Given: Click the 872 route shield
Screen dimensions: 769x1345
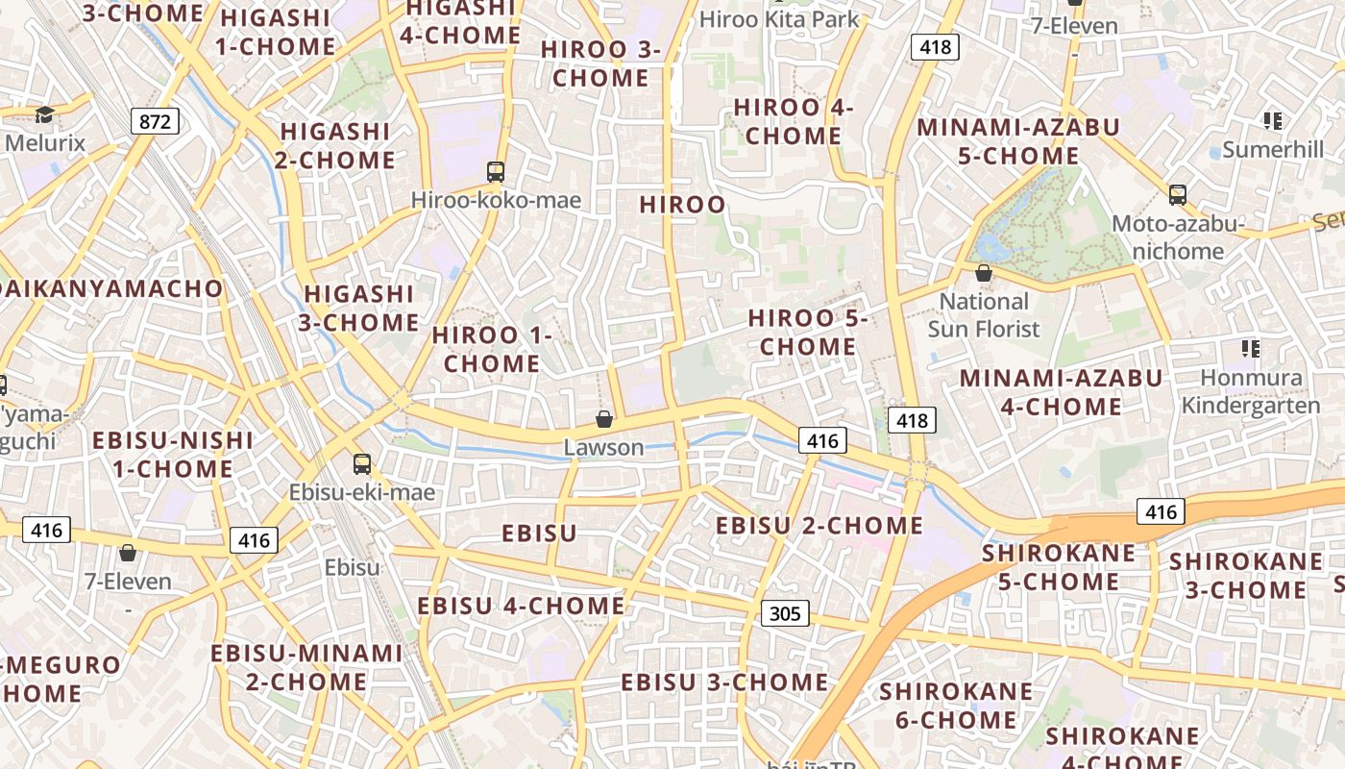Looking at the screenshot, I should (x=155, y=121).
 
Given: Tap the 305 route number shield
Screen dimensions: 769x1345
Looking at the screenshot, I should (x=785, y=613).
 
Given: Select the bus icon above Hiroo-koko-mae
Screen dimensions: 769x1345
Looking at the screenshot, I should (x=496, y=172).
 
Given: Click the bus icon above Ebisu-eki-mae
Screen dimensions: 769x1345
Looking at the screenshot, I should (x=362, y=464).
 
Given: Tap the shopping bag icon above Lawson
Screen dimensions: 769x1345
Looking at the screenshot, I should (x=604, y=419).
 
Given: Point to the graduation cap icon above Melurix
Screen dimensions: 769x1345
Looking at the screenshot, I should (x=44, y=115).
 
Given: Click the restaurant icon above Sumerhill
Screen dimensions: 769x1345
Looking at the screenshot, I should (x=1273, y=121).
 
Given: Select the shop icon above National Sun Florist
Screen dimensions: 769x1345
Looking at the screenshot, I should (x=983, y=274).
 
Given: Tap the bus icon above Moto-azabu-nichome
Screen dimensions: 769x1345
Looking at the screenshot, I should (x=1178, y=195).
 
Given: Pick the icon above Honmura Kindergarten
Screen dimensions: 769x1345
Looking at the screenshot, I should (x=1250, y=348).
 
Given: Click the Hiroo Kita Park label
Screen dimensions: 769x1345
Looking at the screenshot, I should (x=779, y=19).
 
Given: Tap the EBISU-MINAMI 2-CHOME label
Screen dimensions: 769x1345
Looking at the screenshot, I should (x=306, y=667).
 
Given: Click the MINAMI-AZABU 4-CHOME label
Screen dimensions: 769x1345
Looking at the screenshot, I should (x=1061, y=392).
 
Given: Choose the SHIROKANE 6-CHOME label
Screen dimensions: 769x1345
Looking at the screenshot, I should (x=956, y=706).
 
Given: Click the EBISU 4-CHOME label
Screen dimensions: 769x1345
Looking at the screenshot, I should (x=521, y=606).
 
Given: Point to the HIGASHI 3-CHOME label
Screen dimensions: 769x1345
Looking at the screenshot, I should (x=358, y=308).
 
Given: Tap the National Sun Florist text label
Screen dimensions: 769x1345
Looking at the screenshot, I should (x=984, y=315).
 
